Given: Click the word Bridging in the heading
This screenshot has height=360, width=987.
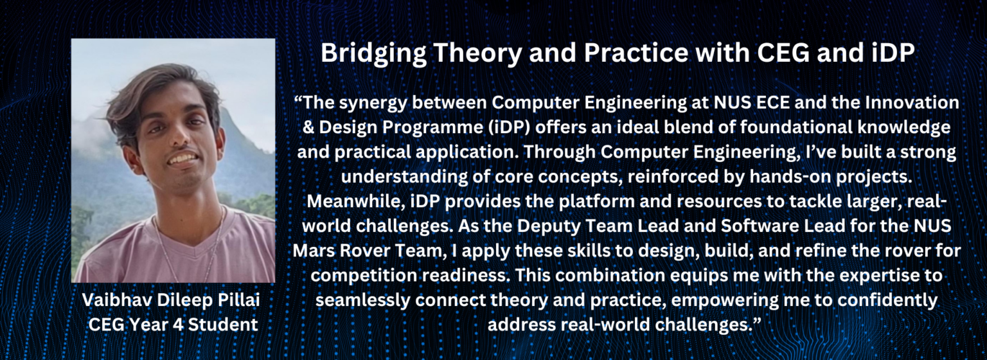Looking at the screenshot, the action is (373, 54).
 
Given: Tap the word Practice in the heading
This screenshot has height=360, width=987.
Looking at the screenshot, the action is (636, 53).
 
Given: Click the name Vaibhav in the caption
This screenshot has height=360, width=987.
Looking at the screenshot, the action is (116, 300).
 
